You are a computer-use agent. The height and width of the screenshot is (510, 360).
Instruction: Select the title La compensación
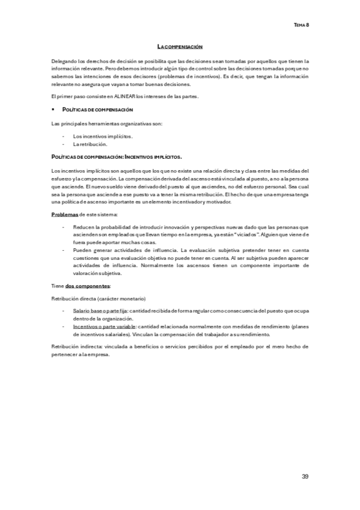pos(180,46)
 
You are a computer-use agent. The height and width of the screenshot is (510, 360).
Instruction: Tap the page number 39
pos(305,476)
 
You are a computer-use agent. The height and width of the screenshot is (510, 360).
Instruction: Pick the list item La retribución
pos(90,144)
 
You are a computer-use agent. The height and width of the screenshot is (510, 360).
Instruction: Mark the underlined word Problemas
pos(65,215)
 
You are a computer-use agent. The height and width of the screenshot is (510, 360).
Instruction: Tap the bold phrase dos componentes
pos(88,286)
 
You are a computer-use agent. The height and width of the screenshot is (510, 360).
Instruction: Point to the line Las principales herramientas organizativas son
pos(107,124)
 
